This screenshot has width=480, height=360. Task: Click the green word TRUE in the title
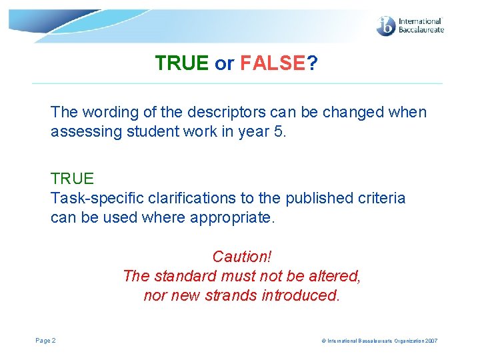[x=181, y=63]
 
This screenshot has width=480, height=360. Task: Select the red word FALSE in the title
[x=273, y=63]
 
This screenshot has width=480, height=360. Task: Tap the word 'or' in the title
[x=225, y=63]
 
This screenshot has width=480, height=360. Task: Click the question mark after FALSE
[x=313, y=63]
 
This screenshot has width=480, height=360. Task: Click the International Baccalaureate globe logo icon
[x=386, y=26]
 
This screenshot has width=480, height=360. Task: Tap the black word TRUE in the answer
[x=72, y=179]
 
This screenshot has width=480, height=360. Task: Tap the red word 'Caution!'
[x=242, y=257]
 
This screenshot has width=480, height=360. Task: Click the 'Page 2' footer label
[x=45, y=341]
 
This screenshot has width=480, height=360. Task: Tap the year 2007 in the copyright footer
[x=430, y=341]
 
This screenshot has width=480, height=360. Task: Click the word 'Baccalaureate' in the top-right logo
[x=421, y=30]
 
